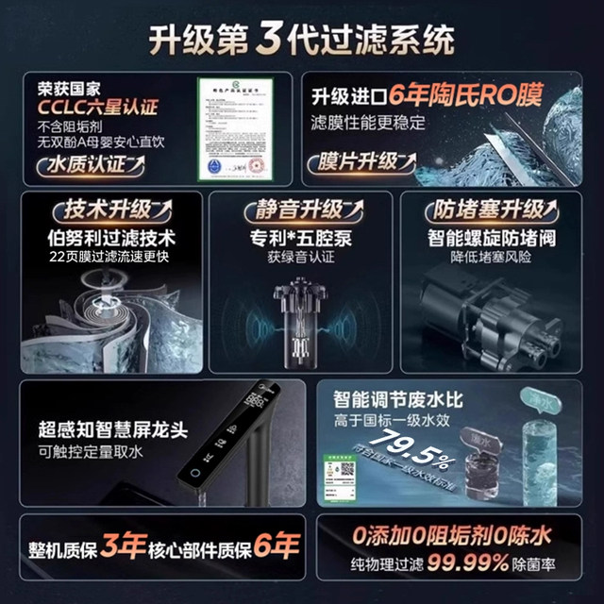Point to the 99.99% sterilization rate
tap(484, 563)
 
